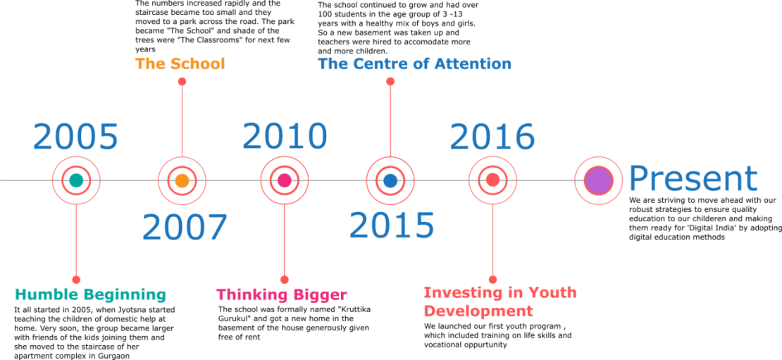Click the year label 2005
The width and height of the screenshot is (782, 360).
[x=75, y=137]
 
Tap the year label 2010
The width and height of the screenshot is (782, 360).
[x=285, y=137]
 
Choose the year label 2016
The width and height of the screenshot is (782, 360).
[x=492, y=137]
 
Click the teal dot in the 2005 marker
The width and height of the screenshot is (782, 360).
[x=75, y=180]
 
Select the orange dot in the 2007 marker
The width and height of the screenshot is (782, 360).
[x=182, y=180]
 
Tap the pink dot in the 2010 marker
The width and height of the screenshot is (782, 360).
[x=285, y=180]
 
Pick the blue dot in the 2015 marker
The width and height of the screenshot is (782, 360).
[x=390, y=180]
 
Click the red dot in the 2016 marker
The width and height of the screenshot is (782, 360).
[x=492, y=180]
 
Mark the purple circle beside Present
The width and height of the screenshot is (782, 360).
[x=598, y=180]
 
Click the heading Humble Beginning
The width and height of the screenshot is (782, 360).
[x=90, y=294]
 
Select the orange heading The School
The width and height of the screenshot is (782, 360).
[x=180, y=64]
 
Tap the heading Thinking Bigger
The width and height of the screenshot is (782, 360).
[x=281, y=294]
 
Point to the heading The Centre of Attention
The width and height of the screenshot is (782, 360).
[x=414, y=64]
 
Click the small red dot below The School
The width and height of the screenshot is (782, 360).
[x=182, y=82]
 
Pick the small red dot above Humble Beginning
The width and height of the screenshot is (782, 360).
[x=75, y=279]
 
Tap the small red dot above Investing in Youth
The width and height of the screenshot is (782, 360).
[x=492, y=279]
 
